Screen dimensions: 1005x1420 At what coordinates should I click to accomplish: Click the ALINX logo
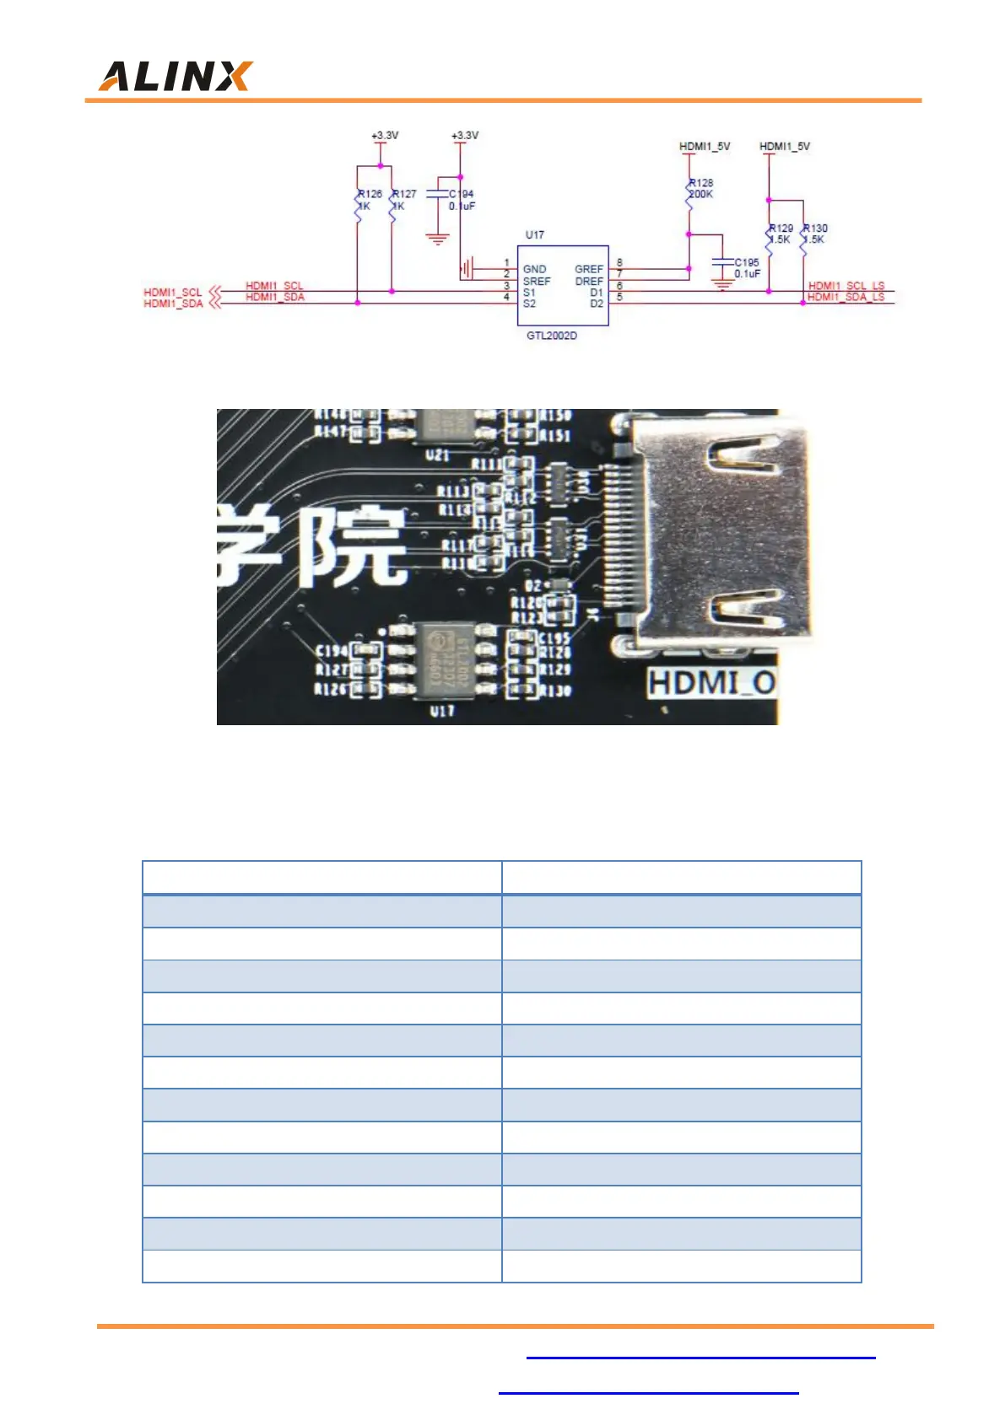point(176,76)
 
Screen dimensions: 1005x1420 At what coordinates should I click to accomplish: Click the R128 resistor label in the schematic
point(701,182)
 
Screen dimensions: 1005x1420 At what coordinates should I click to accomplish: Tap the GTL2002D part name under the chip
point(552,336)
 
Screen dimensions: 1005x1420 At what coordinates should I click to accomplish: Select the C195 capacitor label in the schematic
point(747,262)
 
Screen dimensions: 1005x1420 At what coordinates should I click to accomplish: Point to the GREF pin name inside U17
point(589,269)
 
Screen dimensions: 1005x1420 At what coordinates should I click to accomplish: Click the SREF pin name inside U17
point(537,281)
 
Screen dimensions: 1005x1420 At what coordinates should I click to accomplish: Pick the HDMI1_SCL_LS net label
point(846,286)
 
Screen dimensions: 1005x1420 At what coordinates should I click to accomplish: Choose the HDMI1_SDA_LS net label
point(846,297)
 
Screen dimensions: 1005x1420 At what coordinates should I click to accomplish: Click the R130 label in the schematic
point(816,228)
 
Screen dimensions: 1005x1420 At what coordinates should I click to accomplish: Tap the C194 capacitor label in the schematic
point(462,194)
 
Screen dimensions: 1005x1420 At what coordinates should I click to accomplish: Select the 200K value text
point(701,194)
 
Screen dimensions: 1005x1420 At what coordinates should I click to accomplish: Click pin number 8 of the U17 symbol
point(619,263)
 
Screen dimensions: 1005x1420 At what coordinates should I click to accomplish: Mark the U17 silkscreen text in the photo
point(442,711)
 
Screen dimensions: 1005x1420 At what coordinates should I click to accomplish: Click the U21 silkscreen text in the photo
point(437,455)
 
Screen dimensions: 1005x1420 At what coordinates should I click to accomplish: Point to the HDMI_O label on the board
point(711,683)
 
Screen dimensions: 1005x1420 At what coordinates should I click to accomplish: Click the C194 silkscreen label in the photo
point(332,651)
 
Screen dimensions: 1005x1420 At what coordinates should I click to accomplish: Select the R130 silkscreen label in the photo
point(555,691)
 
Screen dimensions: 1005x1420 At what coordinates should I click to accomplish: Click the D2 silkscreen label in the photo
point(533,585)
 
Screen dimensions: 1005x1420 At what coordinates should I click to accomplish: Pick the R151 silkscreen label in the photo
point(554,435)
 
